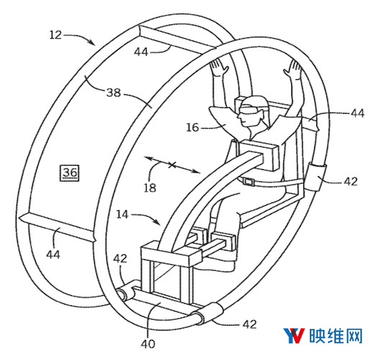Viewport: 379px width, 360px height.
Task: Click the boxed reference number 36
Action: [x=69, y=173]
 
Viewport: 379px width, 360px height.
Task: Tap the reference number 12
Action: [x=55, y=35]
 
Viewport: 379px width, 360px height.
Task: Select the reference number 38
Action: [x=114, y=92]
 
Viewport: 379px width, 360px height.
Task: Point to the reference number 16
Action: [x=193, y=127]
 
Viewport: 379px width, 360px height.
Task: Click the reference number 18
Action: [x=150, y=188]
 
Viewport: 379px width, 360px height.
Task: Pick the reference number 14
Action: [x=122, y=215]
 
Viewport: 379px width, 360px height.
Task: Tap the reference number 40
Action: [x=148, y=343]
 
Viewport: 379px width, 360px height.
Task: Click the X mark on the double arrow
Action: [x=172, y=166]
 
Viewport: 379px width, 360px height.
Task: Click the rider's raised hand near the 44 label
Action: [x=294, y=69]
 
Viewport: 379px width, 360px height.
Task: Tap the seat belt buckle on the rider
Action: [x=249, y=181]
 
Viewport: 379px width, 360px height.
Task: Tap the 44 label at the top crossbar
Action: [x=141, y=52]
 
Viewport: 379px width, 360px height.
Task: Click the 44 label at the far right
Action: [x=357, y=113]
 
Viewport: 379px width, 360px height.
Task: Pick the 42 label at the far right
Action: [x=350, y=181]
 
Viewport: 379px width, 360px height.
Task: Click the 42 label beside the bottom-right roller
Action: [x=250, y=325]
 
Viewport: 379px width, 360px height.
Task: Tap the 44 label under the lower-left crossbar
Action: [x=53, y=254]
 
